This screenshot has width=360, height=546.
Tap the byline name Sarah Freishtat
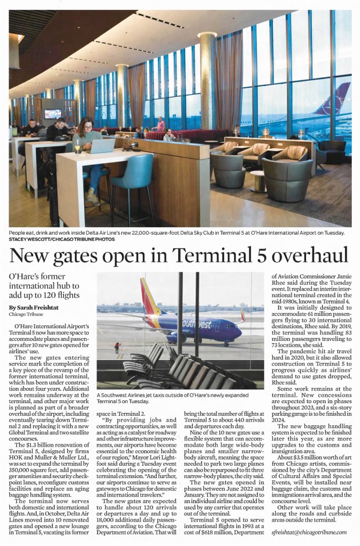(38, 306)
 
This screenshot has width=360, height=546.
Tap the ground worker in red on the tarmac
(117, 348)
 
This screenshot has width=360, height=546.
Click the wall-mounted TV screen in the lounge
(52, 113)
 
